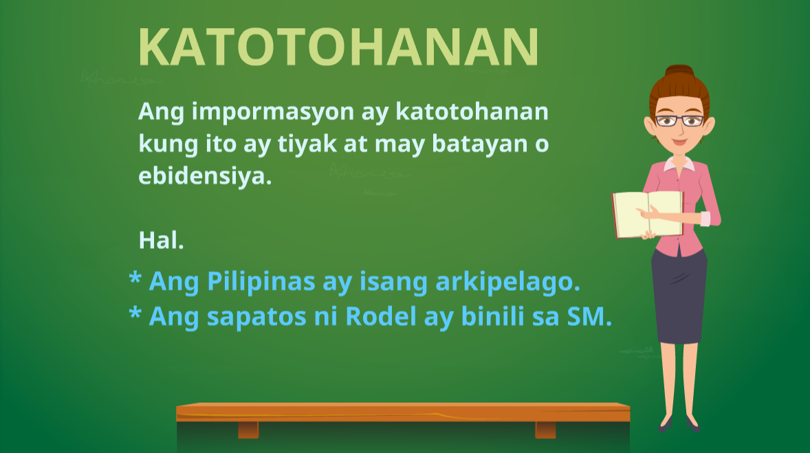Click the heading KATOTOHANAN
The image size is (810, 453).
(338, 47)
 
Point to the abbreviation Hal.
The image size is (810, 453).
(161, 240)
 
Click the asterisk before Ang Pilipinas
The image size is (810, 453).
(135, 280)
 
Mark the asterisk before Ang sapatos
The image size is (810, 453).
(135, 314)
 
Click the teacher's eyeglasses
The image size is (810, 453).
(679, 121)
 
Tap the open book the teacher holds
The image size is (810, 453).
(646, 214)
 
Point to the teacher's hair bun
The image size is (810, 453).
(679, 72)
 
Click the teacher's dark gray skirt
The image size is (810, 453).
(679, 296)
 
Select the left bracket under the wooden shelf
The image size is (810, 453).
(248, 430)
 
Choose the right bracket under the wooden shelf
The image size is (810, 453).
(545, 430)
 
